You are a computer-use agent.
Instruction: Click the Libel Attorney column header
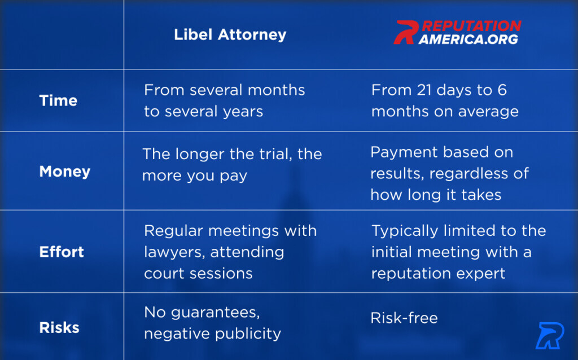230,35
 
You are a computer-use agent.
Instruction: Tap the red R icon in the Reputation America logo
405,32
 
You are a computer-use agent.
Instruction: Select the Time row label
58,100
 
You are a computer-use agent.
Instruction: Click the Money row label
65,172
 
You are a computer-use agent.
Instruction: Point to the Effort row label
62,252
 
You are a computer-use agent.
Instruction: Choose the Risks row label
59,328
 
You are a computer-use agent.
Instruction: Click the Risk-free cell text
404,318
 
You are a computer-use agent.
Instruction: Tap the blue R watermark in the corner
550,336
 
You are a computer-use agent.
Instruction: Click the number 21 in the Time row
424,90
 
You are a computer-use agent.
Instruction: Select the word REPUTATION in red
471,26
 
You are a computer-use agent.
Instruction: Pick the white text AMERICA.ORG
468,39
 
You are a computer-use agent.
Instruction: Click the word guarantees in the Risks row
215,313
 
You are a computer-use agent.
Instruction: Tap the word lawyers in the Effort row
175,253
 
